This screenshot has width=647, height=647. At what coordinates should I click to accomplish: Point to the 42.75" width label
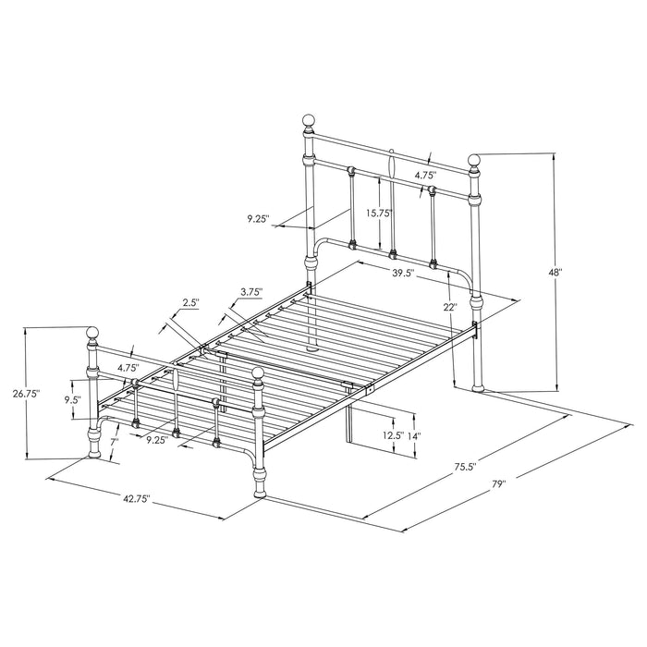click(x=135, y=500)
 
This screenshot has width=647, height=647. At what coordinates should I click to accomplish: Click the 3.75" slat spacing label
click(x=250, y=293)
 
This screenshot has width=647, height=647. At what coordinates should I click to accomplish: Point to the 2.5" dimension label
click(x=189, y=303)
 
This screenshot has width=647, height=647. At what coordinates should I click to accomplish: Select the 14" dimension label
click(x=414, y=434)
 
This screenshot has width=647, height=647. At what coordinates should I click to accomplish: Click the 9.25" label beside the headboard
click(x=259, y=219)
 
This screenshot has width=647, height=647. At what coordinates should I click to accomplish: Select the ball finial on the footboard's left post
click(x=92, y=333)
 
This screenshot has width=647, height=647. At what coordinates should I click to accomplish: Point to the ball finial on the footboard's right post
click(x=259, y=374)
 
